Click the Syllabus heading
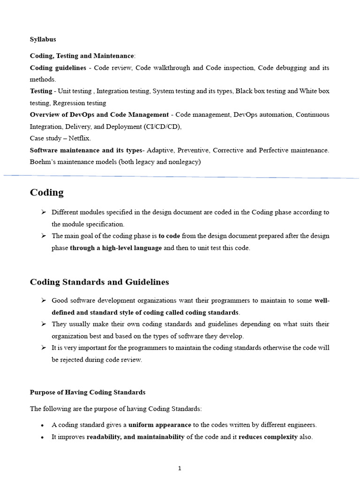tap(43, 39)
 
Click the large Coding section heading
tap(47, 193)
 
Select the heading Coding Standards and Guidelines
tap(99, 282)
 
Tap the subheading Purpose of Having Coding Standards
tap(88, 392)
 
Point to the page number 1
tap(180, 468)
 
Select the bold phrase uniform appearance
tap(159, 425)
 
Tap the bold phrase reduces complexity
tap(268, 437)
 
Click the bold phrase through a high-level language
tap(116, 248)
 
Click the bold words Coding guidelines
tap(58, 68)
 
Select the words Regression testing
tap(80, 103)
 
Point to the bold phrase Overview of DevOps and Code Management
tap(99, 115)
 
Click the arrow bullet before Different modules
tap(43, 212)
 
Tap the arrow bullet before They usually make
tap(43, 324)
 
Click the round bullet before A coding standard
tap(43, 426)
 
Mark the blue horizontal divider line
tap(180, 176)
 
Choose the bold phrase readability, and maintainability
tap(135, 437)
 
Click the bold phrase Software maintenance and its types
tap(86, 150)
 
